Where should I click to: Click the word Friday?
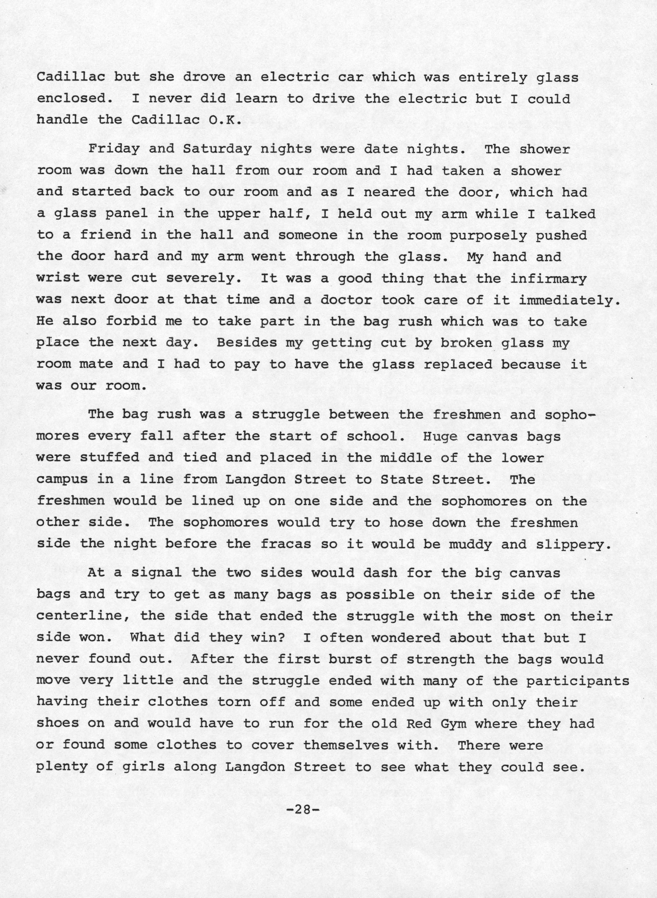tap(114, 149)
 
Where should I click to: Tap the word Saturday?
tap(217, 149)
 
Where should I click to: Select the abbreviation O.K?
tap(225, 120)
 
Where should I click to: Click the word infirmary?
tap(548, 278)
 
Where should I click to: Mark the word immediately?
tap(570, 300)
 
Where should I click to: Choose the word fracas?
tap(286, 543)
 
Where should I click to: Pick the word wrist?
tap(58, 278)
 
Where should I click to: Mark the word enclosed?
tap(71, 98)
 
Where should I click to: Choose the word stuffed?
tap(110, 457)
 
